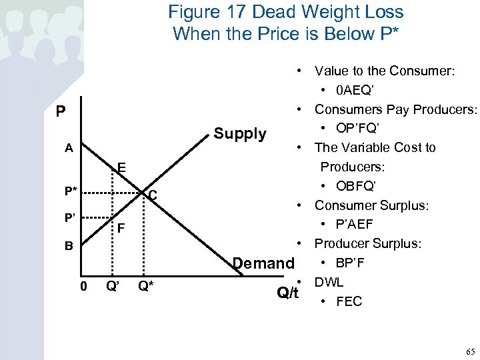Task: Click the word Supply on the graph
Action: (x=240, y=134)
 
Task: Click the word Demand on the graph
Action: (x=263, y=263)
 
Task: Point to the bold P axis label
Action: (x=61, y=111)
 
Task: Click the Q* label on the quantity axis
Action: (x=146, y=287)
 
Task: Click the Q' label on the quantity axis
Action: (x=113, y=287)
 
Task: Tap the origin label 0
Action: (x=83, y=287)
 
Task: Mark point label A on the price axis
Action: (x=69, y=149)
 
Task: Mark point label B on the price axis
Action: (x=69, y=246)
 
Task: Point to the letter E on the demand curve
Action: (x=121, y=167)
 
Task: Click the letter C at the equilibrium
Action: (x=152, y=195)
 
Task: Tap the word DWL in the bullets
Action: (x=329, y=282)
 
